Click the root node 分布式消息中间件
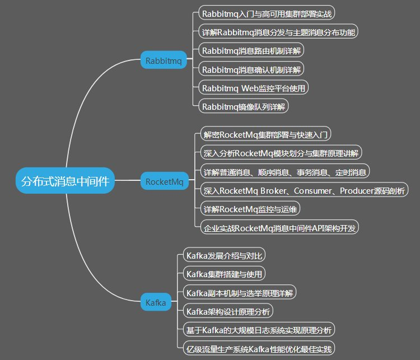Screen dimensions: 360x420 point(65,181)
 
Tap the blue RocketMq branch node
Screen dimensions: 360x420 point(164,181)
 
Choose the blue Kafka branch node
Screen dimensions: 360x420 point(156,303)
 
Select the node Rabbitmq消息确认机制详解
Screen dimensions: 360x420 point(251,69)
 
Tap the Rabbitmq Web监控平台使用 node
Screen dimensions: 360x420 point(254,88)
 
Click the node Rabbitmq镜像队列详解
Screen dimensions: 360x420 point(244,106)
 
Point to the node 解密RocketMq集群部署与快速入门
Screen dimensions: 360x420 point(267,134)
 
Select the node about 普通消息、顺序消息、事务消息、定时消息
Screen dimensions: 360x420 point(285,171)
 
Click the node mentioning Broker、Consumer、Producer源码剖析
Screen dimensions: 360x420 point(304,190)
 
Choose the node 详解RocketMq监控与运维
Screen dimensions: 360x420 point(251,209)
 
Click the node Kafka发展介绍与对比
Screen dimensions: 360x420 point(224,255)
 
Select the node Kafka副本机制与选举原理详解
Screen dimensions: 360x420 point(240,293)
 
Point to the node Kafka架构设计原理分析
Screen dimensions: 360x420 point(229,311)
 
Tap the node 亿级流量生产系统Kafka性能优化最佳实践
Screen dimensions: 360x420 point(259,349)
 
